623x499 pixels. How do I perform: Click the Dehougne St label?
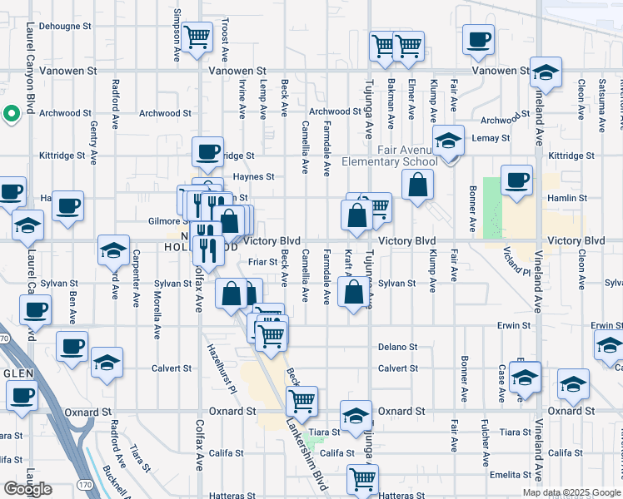tap(64, 26)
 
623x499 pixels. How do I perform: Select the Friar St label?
tap(262, 263)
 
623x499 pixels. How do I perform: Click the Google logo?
tap(27, 489)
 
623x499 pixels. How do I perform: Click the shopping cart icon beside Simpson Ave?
tap(197, 37)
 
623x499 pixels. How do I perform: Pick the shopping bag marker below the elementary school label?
tap(418, 184)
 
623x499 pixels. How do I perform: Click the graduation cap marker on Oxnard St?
tap(356, 416)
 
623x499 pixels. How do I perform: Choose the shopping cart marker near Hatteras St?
tap(363, 480)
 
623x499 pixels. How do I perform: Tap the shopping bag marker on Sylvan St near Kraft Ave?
tap(354, 293)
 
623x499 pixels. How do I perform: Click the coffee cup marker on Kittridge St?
tap(207, 152)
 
